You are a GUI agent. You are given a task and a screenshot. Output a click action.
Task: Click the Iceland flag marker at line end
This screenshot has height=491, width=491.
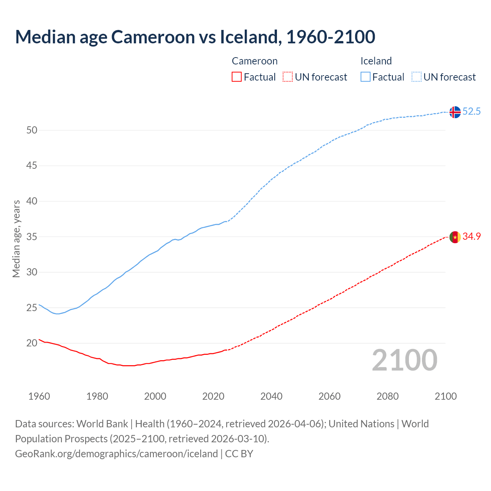click(x=455, y=112)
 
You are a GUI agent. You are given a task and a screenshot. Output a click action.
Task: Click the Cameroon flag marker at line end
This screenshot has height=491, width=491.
click(x=455, y=237)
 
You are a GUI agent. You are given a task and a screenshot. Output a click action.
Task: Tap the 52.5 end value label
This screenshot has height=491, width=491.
click(x=471, y=112)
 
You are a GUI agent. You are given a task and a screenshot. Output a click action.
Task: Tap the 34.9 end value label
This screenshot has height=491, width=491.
click(x=471, y=237)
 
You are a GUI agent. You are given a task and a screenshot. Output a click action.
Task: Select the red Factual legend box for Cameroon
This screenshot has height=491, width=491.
click(x=237, y=77)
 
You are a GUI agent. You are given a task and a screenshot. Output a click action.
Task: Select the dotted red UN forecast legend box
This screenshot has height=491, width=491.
click(x=288, y=77)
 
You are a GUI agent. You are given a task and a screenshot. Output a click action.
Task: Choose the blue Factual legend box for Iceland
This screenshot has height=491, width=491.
click(x=366, y=77)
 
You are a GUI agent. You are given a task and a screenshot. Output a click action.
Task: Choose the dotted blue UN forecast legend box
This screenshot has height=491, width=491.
click(x=416, y=77)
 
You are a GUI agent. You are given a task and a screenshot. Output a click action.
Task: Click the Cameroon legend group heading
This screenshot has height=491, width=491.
click(x=255, y=61)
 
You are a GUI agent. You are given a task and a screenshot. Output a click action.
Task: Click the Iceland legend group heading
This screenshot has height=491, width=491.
click(x=376, y=61)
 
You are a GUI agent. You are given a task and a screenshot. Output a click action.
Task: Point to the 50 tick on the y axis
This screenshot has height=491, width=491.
click(x=32, y=130)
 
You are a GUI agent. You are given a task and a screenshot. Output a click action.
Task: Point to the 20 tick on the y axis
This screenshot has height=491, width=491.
click(x=32, y=343)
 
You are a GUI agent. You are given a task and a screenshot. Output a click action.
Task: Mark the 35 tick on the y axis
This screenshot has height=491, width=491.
click(x=32, y=237)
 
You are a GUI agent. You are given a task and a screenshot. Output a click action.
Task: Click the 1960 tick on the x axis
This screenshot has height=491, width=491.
click(x=39, y=396)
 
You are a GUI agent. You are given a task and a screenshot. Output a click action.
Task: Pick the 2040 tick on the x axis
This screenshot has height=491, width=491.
click(x=271, y=396)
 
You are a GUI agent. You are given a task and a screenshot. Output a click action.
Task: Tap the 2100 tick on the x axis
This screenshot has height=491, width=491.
click(x=445, y=396)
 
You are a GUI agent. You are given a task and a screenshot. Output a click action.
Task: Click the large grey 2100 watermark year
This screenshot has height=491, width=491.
click(x=405, y=360)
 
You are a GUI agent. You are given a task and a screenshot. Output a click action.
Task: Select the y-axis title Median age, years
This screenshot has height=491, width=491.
click(x=16, y=239)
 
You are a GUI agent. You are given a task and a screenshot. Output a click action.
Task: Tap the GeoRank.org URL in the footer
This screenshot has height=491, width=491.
click(x=116, y=454)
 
